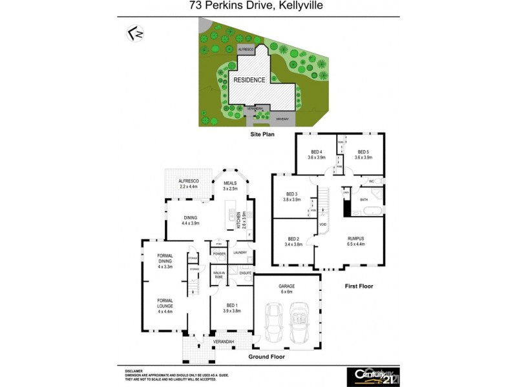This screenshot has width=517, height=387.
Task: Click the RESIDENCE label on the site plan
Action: point(249,80)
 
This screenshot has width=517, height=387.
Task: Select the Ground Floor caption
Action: point(268,356)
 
